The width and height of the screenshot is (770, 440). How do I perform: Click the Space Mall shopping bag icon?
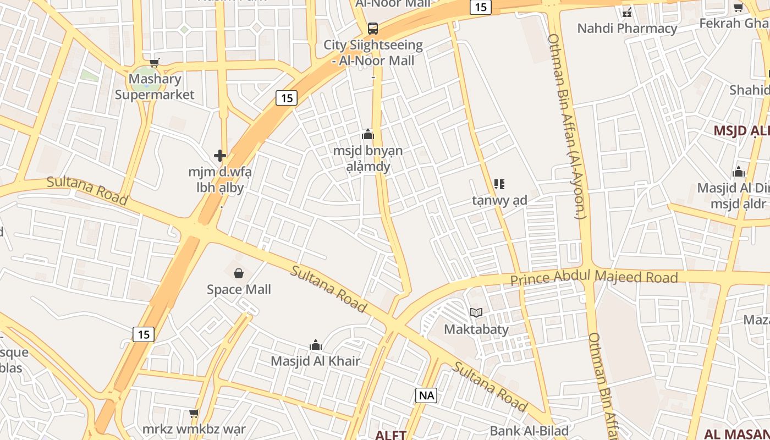[x=239, y=273]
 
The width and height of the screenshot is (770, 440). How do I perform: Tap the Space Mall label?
[x=239, y=289]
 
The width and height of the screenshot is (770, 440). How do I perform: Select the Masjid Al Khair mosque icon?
[x=316, y=345]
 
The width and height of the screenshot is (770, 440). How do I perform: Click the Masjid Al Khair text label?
[x=316, y=361]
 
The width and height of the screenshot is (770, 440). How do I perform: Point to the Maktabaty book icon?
[x=476, y=313]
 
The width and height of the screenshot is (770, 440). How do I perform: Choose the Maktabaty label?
[x=476, y=329]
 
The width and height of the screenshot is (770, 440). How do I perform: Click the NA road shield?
[x=426, y=395]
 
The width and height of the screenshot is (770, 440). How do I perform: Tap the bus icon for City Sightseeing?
[x=373, y=28]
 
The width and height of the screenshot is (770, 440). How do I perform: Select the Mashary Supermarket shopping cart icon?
[x=155, y=63]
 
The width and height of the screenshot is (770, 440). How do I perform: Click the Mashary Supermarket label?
[x=155, y=87]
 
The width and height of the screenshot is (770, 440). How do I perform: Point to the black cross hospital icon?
[x=220, y=156]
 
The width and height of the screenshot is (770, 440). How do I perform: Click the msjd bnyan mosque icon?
[x=368, y=134]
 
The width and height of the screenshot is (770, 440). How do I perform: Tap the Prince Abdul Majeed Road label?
[x=594, y=278]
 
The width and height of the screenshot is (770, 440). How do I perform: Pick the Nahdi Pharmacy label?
[x=627, y=29]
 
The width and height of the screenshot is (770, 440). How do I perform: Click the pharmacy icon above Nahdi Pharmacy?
[x=627, y=12]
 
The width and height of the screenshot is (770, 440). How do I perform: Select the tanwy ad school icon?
[x=499, y=184]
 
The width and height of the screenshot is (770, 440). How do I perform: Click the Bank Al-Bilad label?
[x=529, y=431]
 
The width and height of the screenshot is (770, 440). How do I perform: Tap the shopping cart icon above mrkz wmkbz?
[x=194, y=413]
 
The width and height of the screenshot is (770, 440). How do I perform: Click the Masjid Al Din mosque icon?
[x=739, y=172]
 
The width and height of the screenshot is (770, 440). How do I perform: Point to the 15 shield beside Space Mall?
[x=144, y=334]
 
